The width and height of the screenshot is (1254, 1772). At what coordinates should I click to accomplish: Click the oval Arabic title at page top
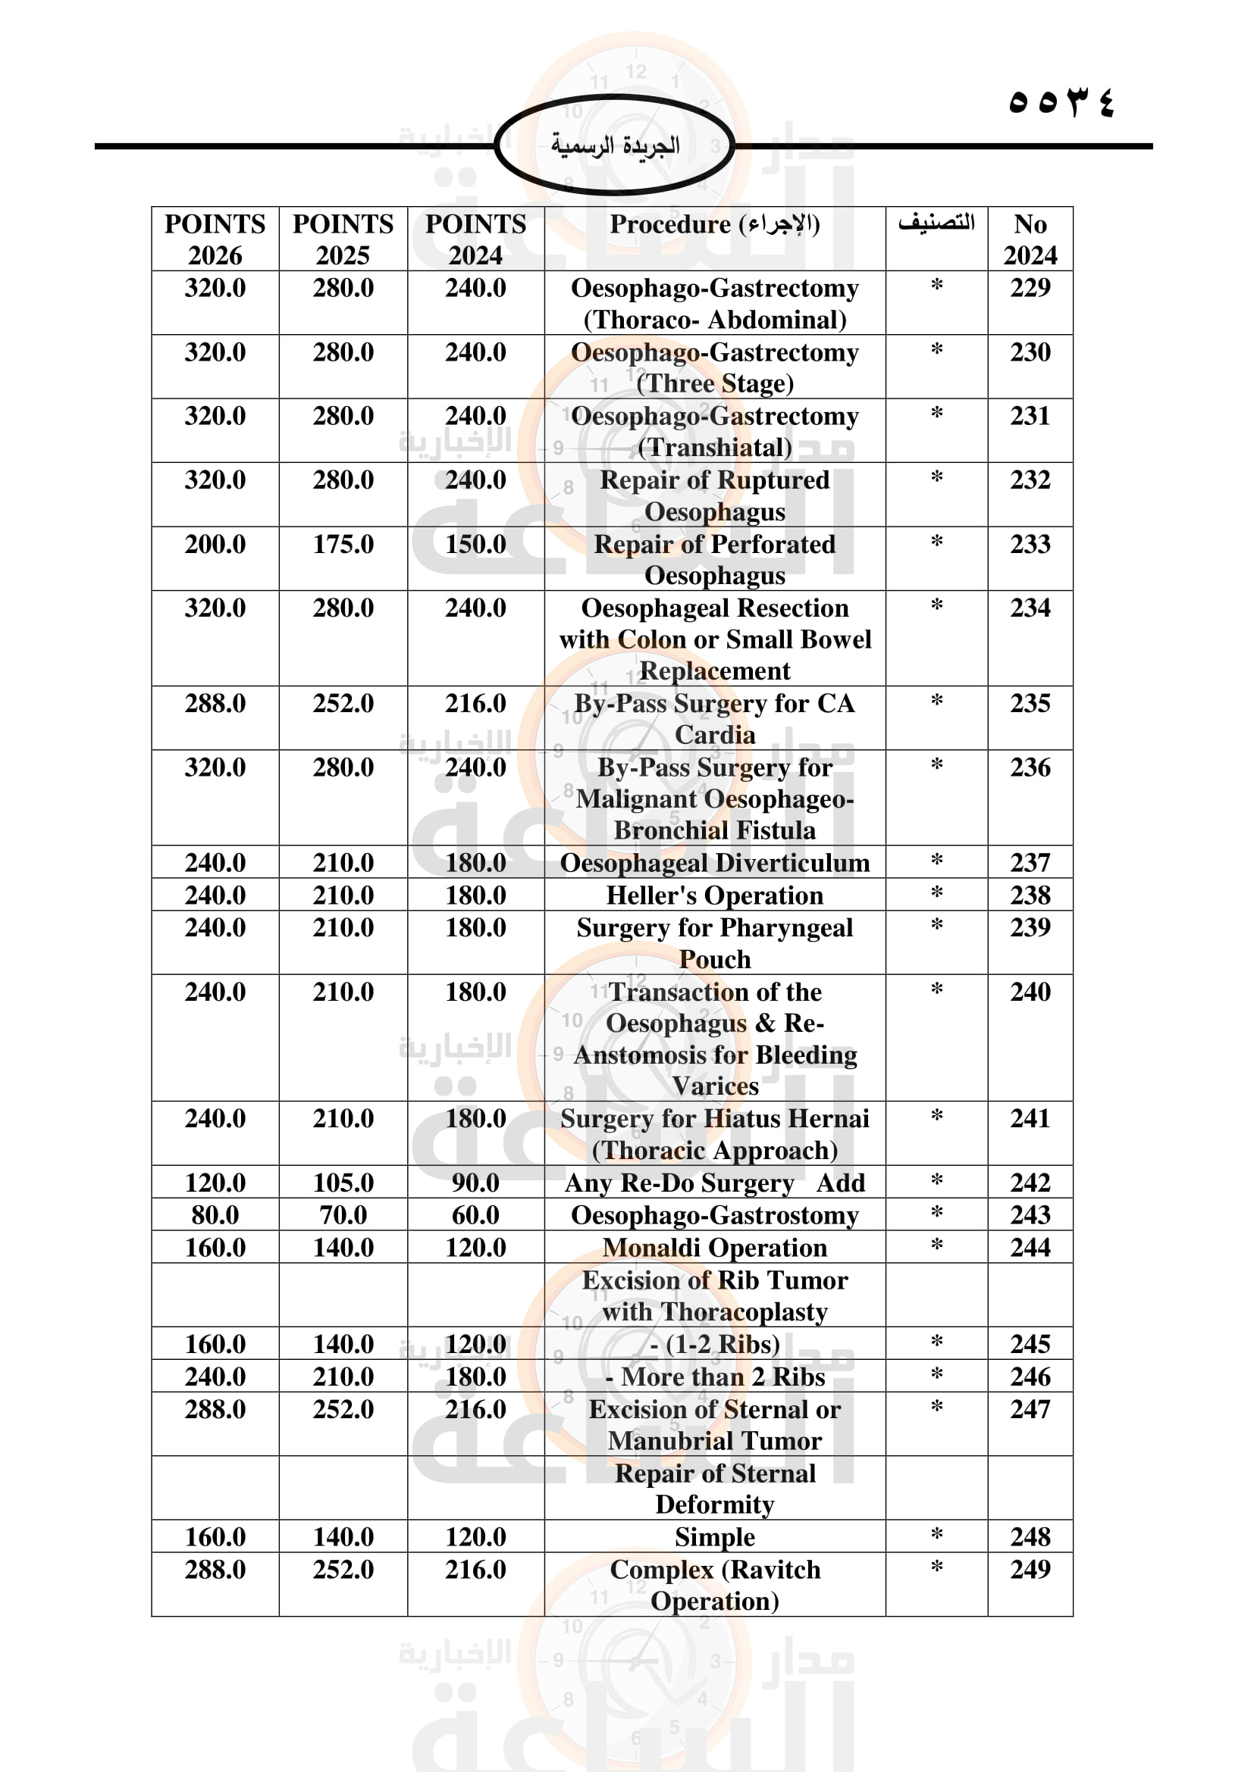pos(615,145)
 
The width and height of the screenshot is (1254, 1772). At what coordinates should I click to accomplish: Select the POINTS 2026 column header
pos(215,239)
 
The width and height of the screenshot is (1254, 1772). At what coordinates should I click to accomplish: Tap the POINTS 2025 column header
pos(343,239)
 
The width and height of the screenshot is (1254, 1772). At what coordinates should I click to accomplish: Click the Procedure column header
pos(714,224)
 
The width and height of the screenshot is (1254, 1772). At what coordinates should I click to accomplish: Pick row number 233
pos(1030,544)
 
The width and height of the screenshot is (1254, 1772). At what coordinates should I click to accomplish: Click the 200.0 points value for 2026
pos(215,544)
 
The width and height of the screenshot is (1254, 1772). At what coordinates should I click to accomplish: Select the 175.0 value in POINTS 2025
pos(343,544)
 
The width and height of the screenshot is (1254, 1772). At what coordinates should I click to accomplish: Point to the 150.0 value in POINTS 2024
pos(475,544)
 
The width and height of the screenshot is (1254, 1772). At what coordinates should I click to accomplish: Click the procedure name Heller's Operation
pos(714,895)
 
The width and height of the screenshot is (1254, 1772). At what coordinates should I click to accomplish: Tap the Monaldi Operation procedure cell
pos(714,1247)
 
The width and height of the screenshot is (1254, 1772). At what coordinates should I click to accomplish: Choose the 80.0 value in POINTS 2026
pos(215,1214)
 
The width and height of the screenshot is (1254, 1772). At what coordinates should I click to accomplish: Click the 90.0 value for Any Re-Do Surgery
pos(475,1183)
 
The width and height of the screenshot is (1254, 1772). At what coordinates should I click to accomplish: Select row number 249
pos(1030,1569)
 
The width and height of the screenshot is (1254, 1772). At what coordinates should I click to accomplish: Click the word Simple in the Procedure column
pos(714,1536)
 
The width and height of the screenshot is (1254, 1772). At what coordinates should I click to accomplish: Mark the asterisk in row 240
pos(936,990)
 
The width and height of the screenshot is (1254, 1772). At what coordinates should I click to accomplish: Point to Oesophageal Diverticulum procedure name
pos(714,863)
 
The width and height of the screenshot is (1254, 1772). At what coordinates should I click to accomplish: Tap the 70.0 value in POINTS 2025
pos(343,1214)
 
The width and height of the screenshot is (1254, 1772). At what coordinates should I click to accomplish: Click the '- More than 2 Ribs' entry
pos(714,1377)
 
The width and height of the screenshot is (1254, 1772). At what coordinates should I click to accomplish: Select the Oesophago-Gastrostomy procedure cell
pos(714,1214)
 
